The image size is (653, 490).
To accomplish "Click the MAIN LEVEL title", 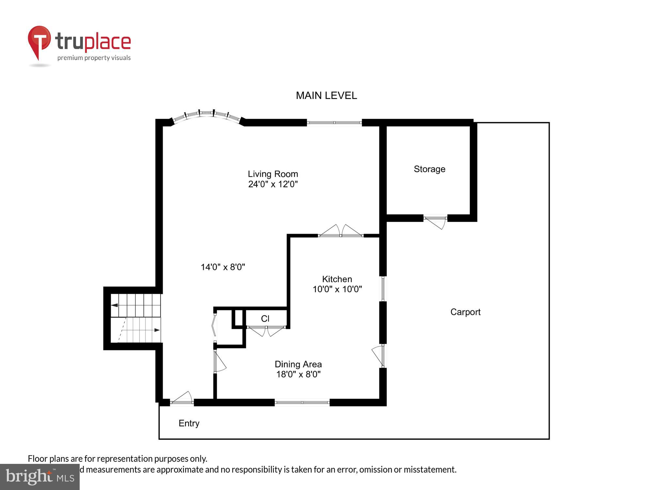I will pos(326,95).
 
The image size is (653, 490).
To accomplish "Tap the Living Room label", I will pos(273,174).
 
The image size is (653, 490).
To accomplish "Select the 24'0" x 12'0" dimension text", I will pos(273,184).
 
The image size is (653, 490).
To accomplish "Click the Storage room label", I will pos(429,169).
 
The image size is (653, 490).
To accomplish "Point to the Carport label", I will pos(465,312).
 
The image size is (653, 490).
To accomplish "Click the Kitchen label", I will pos(337,279).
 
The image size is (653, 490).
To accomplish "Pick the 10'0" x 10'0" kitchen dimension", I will pos(337,289).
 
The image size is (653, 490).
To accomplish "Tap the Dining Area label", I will pos(298,364).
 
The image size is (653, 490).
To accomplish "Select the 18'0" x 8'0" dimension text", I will pos(298,374).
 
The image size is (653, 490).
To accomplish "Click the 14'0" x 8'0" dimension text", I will pos(223,267).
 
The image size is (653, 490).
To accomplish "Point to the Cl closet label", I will pos(265,318).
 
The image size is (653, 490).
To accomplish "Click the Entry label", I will pos(189,423).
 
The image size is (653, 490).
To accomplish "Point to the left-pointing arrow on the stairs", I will pos(115,305).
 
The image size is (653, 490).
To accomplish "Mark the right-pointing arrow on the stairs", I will pos(157,330).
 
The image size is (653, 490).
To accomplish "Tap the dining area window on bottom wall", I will pos(302,402).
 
